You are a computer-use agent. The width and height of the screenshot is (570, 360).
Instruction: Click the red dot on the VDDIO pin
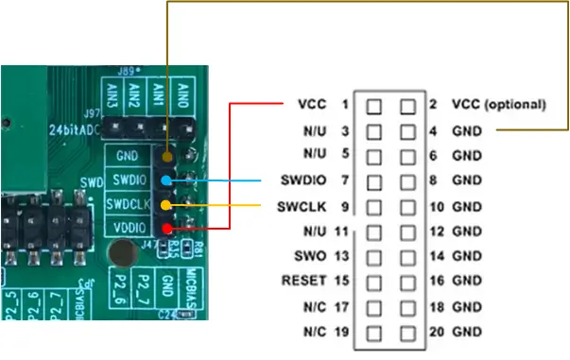click(167, 228)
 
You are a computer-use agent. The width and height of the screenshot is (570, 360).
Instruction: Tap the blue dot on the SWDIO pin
click(167, 180)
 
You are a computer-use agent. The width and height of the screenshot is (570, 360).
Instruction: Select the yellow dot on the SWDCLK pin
click(167, 204)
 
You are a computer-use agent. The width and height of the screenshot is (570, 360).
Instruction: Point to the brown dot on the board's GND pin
click(167, 155)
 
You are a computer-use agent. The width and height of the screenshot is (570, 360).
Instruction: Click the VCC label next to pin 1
click(311, 104)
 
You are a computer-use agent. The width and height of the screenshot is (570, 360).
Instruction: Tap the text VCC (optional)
click(498, 104)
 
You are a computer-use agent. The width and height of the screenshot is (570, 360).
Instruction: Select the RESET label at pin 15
click(303, 281)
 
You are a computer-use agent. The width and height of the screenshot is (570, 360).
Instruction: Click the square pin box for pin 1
click(374, 105)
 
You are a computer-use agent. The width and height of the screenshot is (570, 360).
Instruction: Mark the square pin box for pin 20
click(407, 332)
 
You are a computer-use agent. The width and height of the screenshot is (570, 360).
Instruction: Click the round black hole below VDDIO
click(121, 252)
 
